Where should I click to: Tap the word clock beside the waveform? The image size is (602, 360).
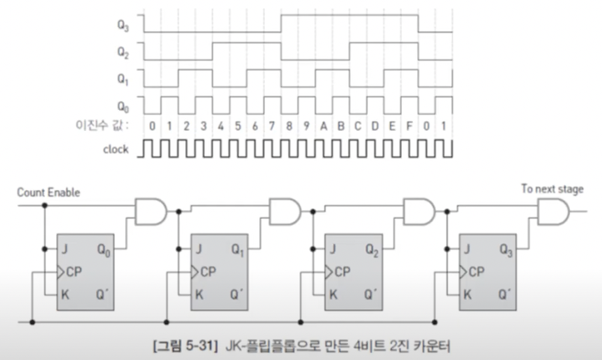click(x=116, y=149)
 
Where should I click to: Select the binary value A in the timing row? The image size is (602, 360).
click(x=323, y=125)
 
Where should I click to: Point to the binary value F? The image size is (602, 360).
click(x=410, y=125)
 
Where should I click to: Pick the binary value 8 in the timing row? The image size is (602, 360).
click(x=289, y=125)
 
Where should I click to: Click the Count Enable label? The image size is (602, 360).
click(x=48, y=192)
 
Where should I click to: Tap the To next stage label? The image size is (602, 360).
click(x=552, y=189)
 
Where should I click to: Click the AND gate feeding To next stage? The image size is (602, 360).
click(x=552, y=213)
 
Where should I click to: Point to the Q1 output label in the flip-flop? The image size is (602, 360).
click(x=238, y=249)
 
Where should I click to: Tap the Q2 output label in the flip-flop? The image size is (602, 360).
click(x=372, y=249)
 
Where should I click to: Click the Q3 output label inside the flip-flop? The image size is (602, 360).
click(x=506, y=249)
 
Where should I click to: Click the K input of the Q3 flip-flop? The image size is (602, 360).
click(x=467, y=295)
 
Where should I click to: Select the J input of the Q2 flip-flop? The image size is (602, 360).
click(x=333, y=249)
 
